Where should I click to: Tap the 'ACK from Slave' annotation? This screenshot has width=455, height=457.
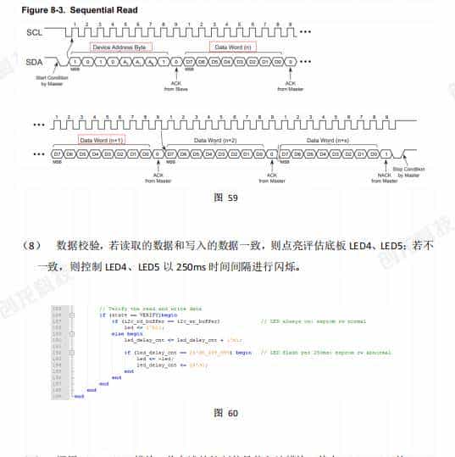pos(176,85)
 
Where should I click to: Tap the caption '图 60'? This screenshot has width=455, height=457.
pos(226,412)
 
